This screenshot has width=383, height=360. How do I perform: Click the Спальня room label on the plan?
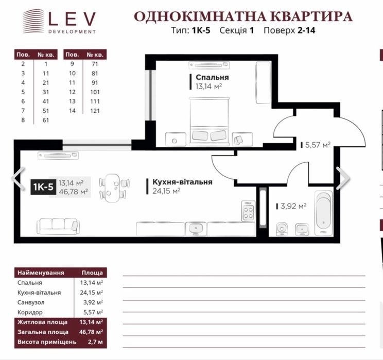click(x=212, y=77)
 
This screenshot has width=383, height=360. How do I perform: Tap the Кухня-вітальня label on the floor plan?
click(x=182, y=182)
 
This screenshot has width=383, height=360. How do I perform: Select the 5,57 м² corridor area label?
click(x=318, y=145)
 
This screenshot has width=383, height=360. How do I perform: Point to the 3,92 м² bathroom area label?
click(x=293, y=207)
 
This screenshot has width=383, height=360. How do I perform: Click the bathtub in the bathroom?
click(x=324, y=213)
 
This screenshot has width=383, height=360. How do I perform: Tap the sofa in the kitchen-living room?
click(x=58, y=226)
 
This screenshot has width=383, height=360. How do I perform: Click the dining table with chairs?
click(x=114, y=187)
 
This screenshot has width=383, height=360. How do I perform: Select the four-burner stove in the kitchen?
click(x=249, y=211)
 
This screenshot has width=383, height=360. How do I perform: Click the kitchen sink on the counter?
click(x=196, y=229)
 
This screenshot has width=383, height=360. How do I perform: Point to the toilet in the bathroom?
click(x=282, y=230)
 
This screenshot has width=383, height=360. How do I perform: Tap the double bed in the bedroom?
click(x=210, y=121)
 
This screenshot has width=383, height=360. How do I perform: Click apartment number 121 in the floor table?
click(x=95, y=111)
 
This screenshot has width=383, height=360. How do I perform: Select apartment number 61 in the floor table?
click(x=46, y=120)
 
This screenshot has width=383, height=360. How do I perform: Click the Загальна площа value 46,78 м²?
click(x=91, y=332)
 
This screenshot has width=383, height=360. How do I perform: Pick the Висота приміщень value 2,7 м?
click(x=95, y=342)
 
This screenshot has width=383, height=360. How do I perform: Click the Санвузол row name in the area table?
click(x=31, y=302)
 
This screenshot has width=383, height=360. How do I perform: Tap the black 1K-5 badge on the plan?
click(x=43, y=187)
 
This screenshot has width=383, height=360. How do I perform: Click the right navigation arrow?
click(x=343, y=178)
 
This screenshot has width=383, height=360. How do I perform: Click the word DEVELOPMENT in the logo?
click(x=72, y=31)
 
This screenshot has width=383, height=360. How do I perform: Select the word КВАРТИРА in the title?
click(x=312, y=16)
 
